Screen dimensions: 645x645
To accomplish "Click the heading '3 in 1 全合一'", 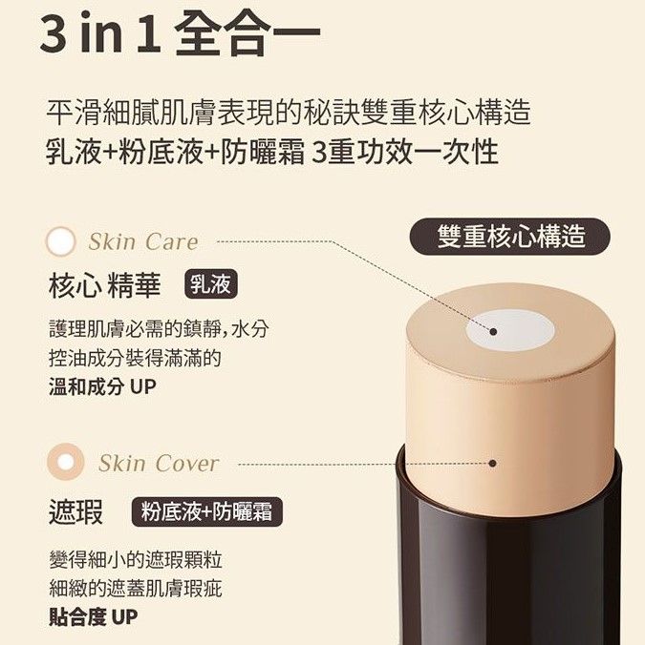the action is [x=180, y=33].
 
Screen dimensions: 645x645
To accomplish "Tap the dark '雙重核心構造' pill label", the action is [x=510, y=237].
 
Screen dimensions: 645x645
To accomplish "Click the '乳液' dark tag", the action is [x=211, y=283].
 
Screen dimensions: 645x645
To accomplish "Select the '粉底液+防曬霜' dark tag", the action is [x=206, y=511].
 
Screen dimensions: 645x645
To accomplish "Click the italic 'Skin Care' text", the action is [x=143, y=241].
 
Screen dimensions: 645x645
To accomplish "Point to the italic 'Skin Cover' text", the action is [x=159, y=463].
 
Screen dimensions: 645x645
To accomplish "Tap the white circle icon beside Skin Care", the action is [x=60, y=241].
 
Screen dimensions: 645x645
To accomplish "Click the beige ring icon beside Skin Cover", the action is [x=66, y=462].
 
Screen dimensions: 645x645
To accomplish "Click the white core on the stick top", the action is [x=510, y=330].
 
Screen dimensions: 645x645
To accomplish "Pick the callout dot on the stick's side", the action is [x=492, y=463].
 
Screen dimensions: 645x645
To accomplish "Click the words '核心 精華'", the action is [x=104, y=285].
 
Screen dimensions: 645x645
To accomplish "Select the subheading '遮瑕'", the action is [x=75, y=511].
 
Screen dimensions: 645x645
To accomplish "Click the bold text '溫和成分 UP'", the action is [x=102, y=386].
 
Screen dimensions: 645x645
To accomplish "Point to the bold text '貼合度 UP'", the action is [x=93, y=616].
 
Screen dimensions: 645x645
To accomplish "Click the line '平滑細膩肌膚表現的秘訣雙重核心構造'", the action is [x=289, y=112].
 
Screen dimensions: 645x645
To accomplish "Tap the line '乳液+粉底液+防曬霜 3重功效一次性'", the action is [x=272, y=152].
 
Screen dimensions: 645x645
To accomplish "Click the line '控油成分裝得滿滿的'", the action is [x=135, y=358].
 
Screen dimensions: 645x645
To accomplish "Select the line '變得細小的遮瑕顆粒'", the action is [x=136, y=560].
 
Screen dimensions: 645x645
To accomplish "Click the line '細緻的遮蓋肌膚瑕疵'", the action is [x=136, y=589].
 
